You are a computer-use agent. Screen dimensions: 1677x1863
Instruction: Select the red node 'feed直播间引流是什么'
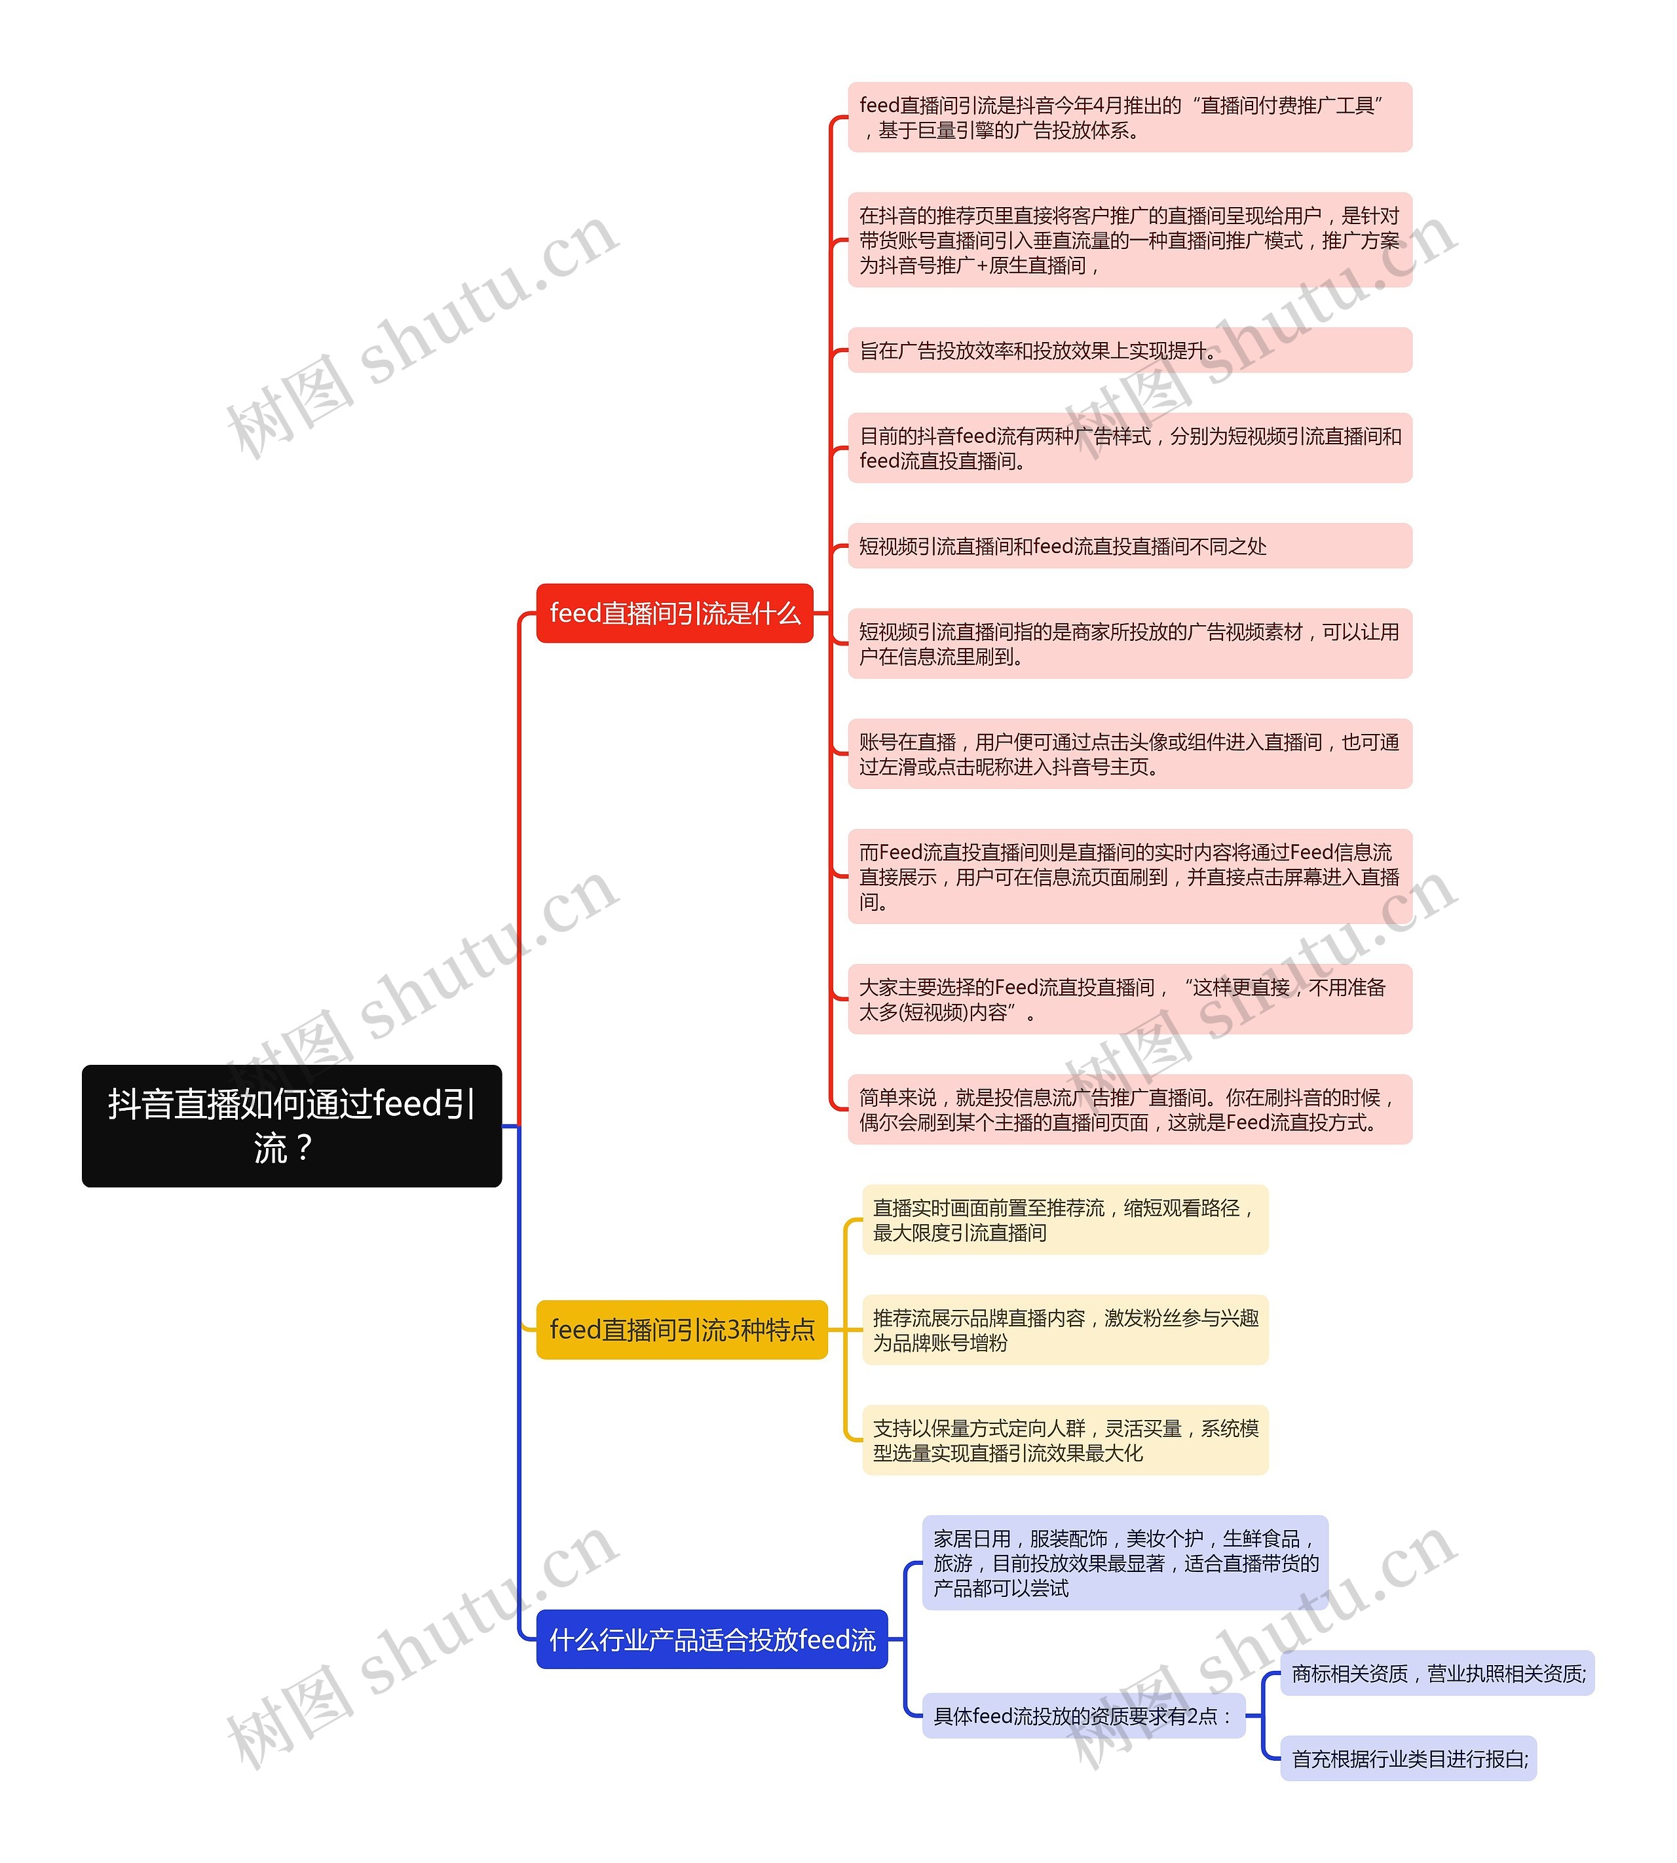[x=675, y=613]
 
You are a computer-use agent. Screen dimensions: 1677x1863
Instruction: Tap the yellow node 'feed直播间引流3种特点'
[x=682, y=1330]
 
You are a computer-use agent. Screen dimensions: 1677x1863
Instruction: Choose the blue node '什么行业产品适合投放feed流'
[x=711, y=1639]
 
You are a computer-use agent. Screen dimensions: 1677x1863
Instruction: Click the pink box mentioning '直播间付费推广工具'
[x=1129, y=117]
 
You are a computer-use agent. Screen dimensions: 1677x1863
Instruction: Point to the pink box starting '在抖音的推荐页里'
[x=1129, y=240]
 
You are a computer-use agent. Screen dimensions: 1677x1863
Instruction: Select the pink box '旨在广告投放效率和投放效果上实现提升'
[x=1129, y=351]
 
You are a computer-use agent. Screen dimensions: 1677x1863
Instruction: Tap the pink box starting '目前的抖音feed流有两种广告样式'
[x=1129, y=448]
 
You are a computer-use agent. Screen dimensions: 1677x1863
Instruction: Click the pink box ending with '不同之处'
[x=1129, y=546]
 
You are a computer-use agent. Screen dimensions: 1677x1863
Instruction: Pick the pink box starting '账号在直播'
[x=1129, y=754]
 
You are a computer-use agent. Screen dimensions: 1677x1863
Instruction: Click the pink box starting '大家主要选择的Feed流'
[x=1129, y=999]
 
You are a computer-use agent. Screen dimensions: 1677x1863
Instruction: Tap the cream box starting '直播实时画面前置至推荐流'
[x=1065, y=1220]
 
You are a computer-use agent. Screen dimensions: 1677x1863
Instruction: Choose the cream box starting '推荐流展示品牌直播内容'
[x=1065, y=1330]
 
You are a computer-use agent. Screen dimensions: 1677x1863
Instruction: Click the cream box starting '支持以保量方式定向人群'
[x=1065, y=1440]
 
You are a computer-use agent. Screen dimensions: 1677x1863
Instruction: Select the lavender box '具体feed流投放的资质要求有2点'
[x=1083, y=1716]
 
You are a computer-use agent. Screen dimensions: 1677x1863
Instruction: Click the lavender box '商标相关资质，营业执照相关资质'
[x=1437, y=1673]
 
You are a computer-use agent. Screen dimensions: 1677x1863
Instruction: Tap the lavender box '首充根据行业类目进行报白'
[x=1408, y=1758]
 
